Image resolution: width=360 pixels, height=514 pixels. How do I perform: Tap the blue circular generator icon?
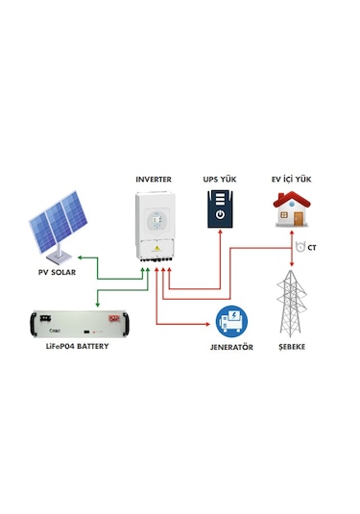[x=231, y=319]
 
